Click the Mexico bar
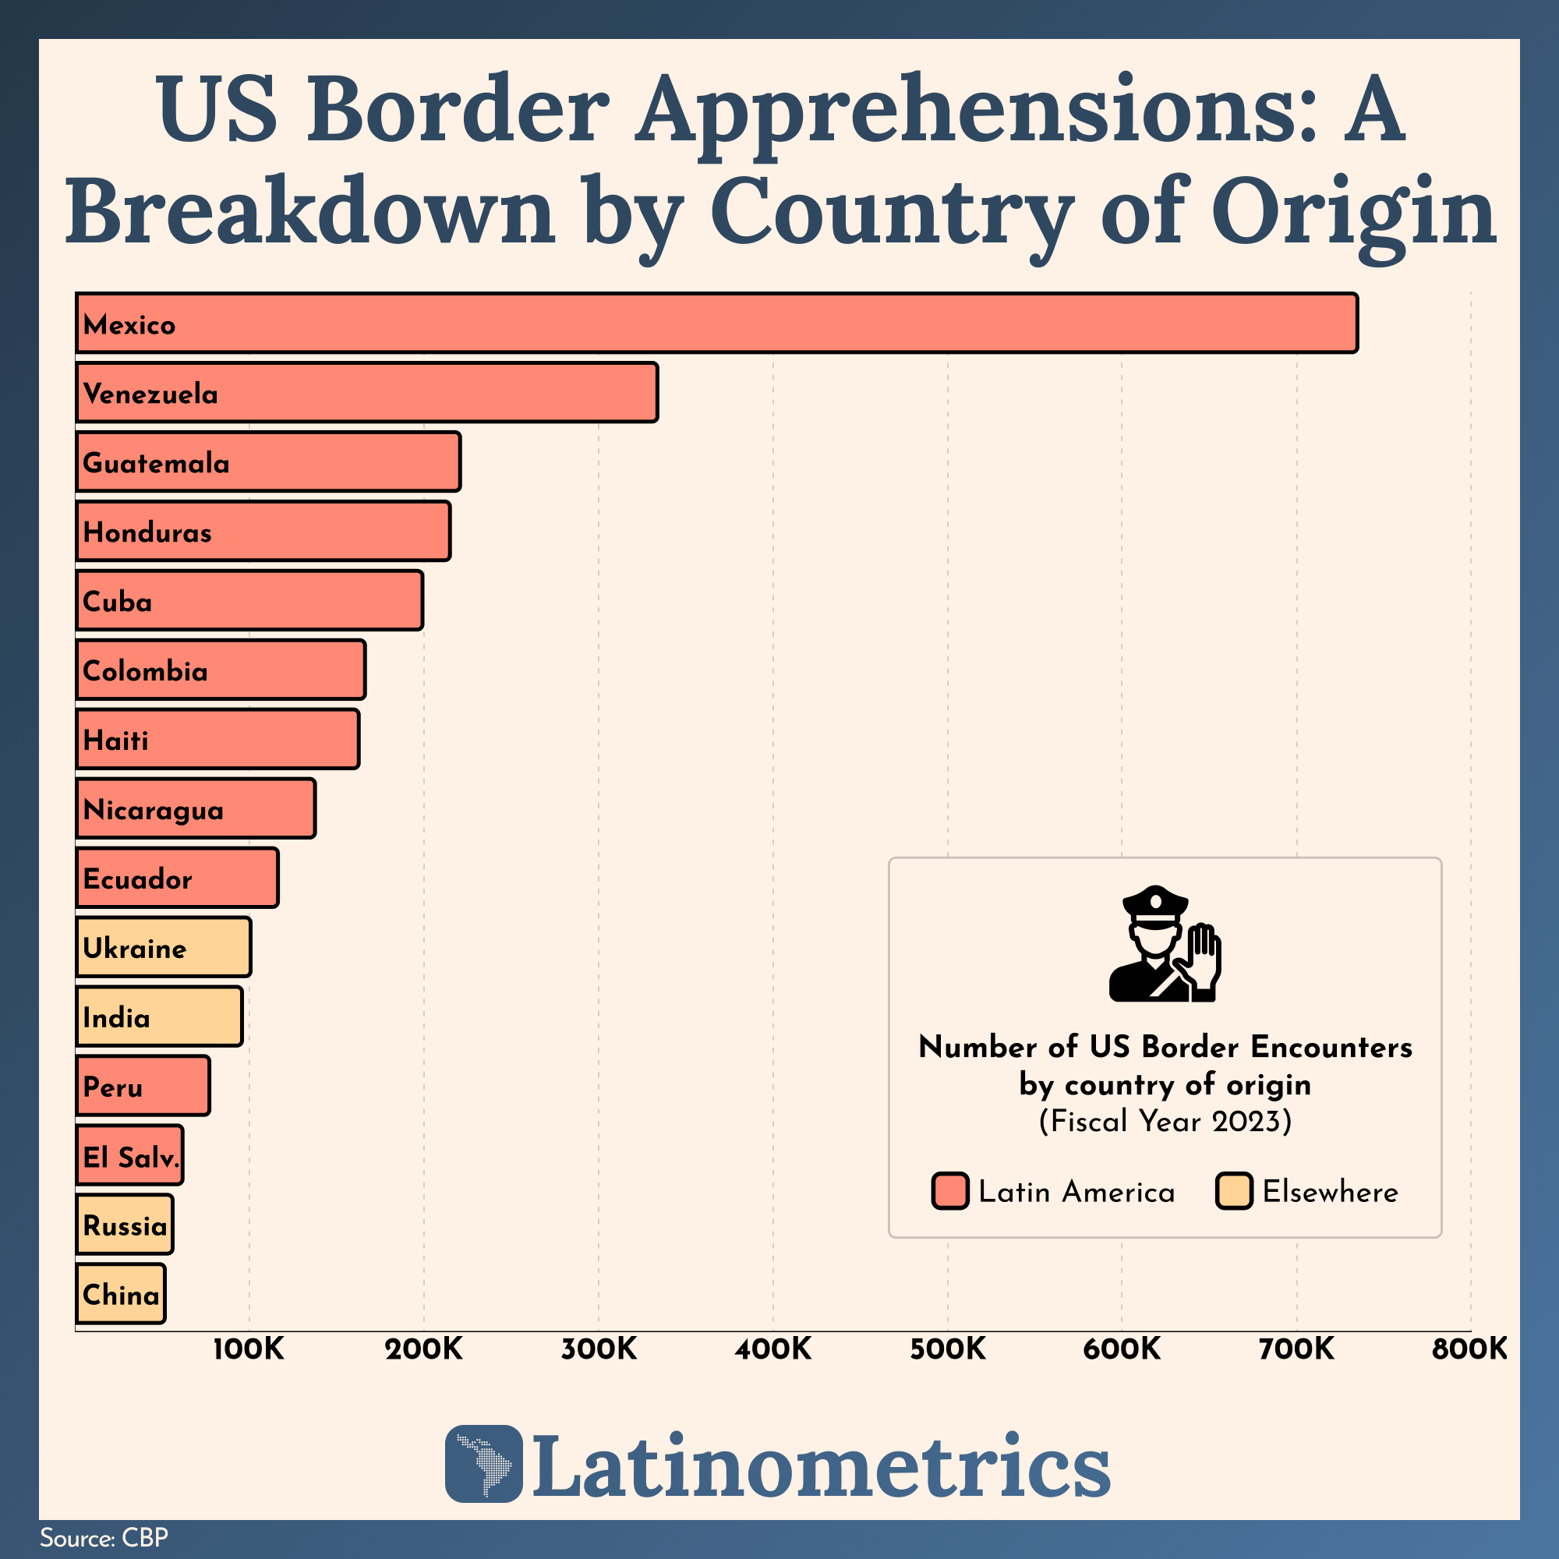pos(716,323)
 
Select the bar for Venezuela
pos(367,392)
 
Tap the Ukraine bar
pos(164,946)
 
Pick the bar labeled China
pos(121,1293)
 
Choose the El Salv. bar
pos(130,1154)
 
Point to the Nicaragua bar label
pos(154,809)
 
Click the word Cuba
pos(118,601)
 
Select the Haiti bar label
pos(116,740)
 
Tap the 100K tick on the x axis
pos(249,1349)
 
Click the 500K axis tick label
pos(948,1349)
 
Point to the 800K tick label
pos(1469,1349)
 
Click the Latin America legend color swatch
pos(949,1191)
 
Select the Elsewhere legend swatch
pos(1234,1191)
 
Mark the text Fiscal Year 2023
pos(1165,1122)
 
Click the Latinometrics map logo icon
pos(483,1464)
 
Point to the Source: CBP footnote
pos(104,1537)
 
